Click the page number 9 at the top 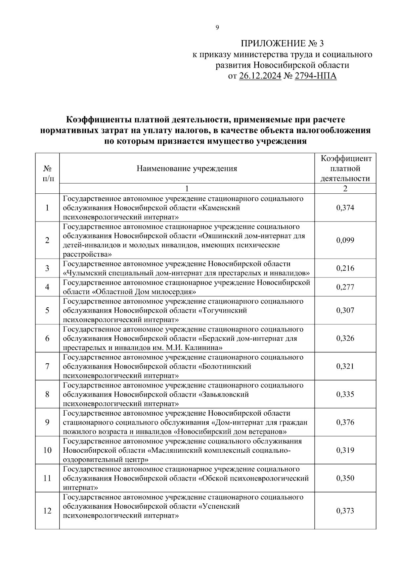tap(217, 28)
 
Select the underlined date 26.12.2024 tap(260, 76)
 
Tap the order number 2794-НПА tap(316, 76)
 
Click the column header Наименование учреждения tap(187, 169)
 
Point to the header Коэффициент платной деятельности tap(345, 169)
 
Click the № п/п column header tap(47, 173)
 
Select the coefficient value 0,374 tap(345, 208)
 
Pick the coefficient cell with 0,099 tap(345, 240)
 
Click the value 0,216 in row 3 tap(345, 268)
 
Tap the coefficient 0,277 tap(345, 287)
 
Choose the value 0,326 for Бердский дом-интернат tap(345, 338)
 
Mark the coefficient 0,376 tap(345, 422)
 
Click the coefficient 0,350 tap(345, 478)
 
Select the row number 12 tap(47, 511)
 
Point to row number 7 tap(47, 367)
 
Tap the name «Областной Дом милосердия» tap(144, 292)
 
